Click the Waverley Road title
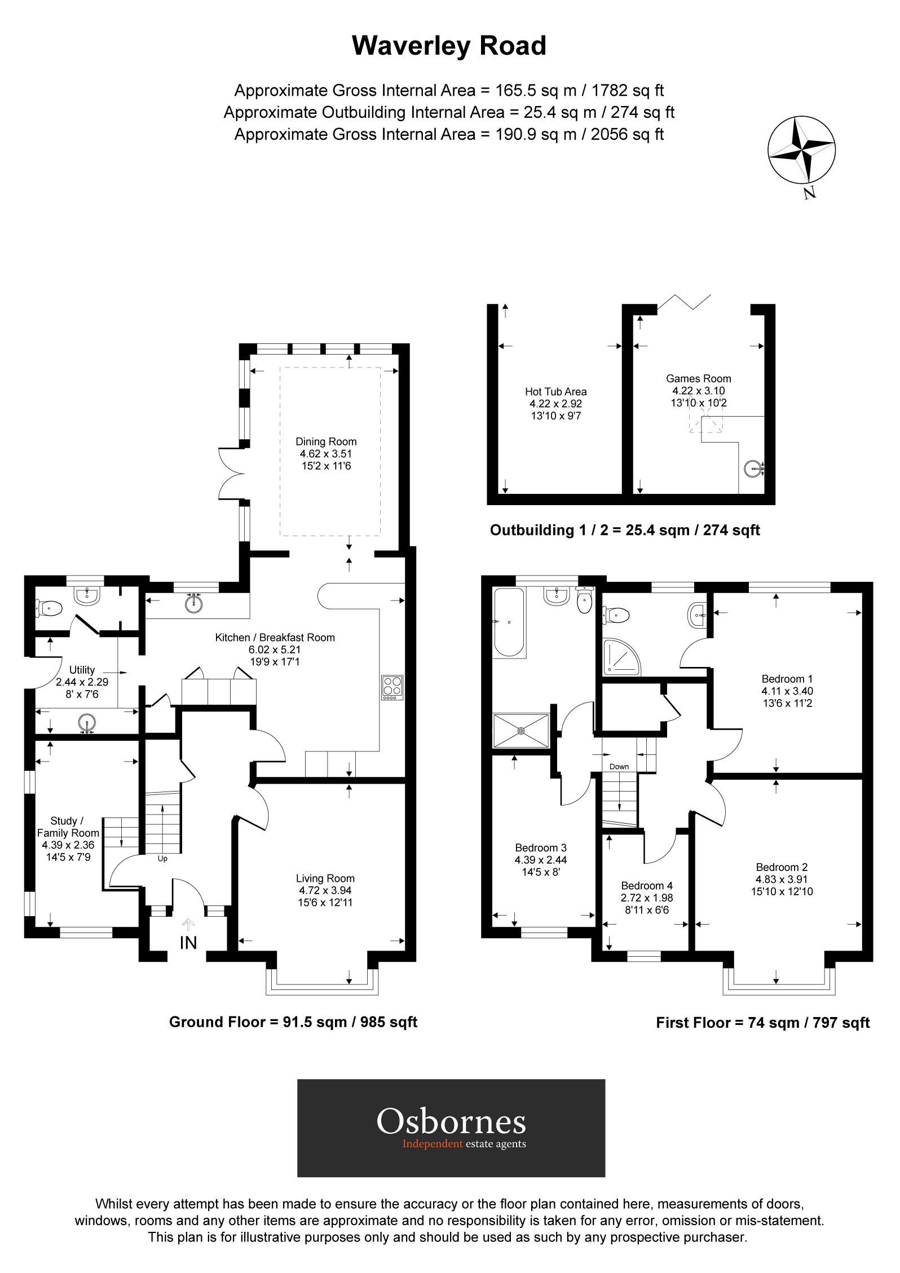pyautogui.click(x=449, y=46)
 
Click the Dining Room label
pyautogui.click(x=326, y=441)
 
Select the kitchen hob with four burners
pyautogui.click(x=392, y=687)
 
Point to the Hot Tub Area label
pyautogui.click(x=555, y=391)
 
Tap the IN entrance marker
pyautogui.click(x=188, y=942)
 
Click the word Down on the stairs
pyautogui.click(x=619, y=767)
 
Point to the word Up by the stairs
pyautogui.click(x=162, y=859)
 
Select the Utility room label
pyautogui.click(x=82, y=670)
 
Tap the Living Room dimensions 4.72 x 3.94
pyautogui.click(x=325, y=890)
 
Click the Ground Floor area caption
pyautogui.click(x=293, y=1022)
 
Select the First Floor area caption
pyautogui.click(x=762, y=1023)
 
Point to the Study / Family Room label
pyautogui.click(x=68, y=827)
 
